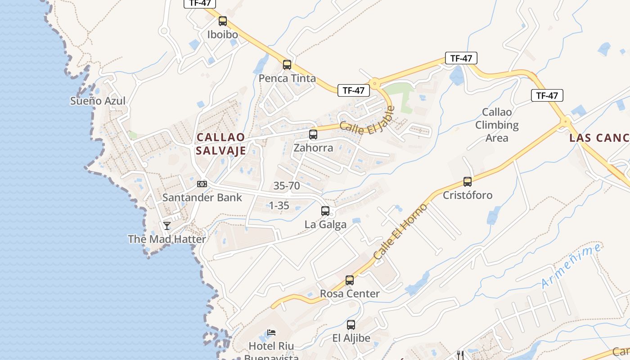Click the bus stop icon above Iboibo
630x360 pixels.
222,21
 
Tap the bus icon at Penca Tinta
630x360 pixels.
287,65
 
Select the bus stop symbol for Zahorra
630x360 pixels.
313,134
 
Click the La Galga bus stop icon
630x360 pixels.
325,211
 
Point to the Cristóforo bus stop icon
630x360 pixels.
468,182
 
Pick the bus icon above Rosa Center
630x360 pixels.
350,280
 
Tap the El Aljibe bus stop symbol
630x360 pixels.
351,324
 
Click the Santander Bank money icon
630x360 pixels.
202,184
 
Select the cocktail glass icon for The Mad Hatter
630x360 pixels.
167,225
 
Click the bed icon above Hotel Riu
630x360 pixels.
271,333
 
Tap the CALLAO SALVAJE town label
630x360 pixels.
221,144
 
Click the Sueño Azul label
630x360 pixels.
98,101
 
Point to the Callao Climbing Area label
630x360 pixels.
497,125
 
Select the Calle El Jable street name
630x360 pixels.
367,119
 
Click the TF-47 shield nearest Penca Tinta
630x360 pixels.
353,90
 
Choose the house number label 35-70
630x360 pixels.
286,185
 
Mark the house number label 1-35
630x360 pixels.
279,206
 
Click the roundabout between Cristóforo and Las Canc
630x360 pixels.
565,121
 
